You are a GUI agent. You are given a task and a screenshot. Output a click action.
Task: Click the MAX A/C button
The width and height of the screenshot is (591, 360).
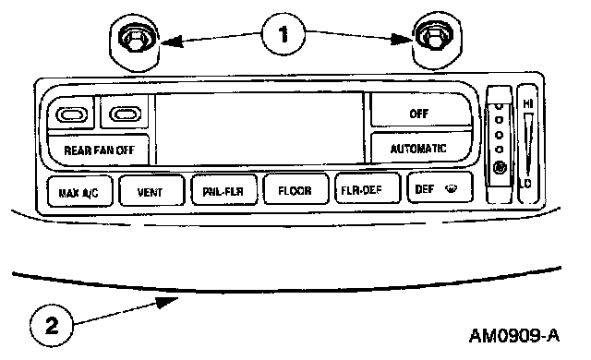pyautogui.click(x=80, y=191)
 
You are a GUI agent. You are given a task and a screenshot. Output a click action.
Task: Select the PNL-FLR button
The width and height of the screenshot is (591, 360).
pyautogui.click(x=224, y=190)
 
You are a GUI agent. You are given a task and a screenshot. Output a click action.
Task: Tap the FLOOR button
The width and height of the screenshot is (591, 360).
pyautogui.click(x=295, y=189)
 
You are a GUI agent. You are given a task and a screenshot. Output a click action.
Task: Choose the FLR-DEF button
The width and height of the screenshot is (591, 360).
pyautogui.click(x=368, y=188)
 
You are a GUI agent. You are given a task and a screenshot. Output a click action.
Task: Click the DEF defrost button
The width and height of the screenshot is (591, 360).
pyautogui.click(x=440, y=187)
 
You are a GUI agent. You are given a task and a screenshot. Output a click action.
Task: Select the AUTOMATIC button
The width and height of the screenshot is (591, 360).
pyautogui.click(x=421, y=148)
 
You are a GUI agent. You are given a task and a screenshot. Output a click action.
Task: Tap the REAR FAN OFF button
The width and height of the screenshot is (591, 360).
pyautogui.click(x=99, y=150)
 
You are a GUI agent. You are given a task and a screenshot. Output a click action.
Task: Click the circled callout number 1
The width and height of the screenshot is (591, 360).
pyautogui.click(x=283, y=34)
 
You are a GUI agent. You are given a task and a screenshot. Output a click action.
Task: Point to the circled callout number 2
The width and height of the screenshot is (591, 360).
pyautogui.click(x=52, y=325)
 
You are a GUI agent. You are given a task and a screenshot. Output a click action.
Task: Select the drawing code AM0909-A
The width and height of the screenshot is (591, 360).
pyautogui.click(x=514, y=335)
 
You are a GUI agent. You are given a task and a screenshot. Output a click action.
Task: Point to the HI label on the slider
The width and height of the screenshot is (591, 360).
pyautogui.click(x=528, y=102)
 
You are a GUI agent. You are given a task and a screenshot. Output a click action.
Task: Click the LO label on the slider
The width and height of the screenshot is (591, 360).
pyautogui.click(x=525, y=184)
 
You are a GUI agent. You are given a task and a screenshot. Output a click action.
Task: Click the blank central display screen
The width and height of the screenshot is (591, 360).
pyautogui.click(x=260, y=129)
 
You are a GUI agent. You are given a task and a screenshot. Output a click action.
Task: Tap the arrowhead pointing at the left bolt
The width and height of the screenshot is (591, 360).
pyautogui.click(x=172, y=42)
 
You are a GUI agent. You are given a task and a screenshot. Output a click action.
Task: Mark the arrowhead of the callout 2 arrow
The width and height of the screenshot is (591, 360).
pyautogui.click(x=168, y=302)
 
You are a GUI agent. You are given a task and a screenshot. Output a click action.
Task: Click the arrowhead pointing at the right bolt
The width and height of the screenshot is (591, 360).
pyautogui.click(x=402, y=39)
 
